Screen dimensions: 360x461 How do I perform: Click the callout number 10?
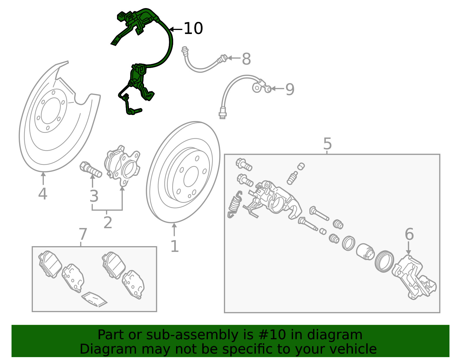pos(193,29)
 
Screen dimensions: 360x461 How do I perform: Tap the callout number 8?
pos(246,59)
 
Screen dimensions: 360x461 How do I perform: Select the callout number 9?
pos(290,89)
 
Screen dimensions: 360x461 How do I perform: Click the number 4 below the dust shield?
pos(43,194)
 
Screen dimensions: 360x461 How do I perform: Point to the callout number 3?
pos(94,196)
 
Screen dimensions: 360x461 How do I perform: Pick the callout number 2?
pos(107,223)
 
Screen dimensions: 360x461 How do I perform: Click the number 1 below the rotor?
pos(175,246)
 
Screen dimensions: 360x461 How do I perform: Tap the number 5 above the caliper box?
pos(327,143)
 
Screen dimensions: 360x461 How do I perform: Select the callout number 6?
pos(409,234)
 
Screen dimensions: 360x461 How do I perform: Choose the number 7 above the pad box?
pos(83,234)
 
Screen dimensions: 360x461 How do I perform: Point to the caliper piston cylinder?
pos(365,251)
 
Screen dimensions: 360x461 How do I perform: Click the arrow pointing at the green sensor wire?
pos(175,29)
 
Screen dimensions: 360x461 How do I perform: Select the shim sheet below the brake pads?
pos(94,299)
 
